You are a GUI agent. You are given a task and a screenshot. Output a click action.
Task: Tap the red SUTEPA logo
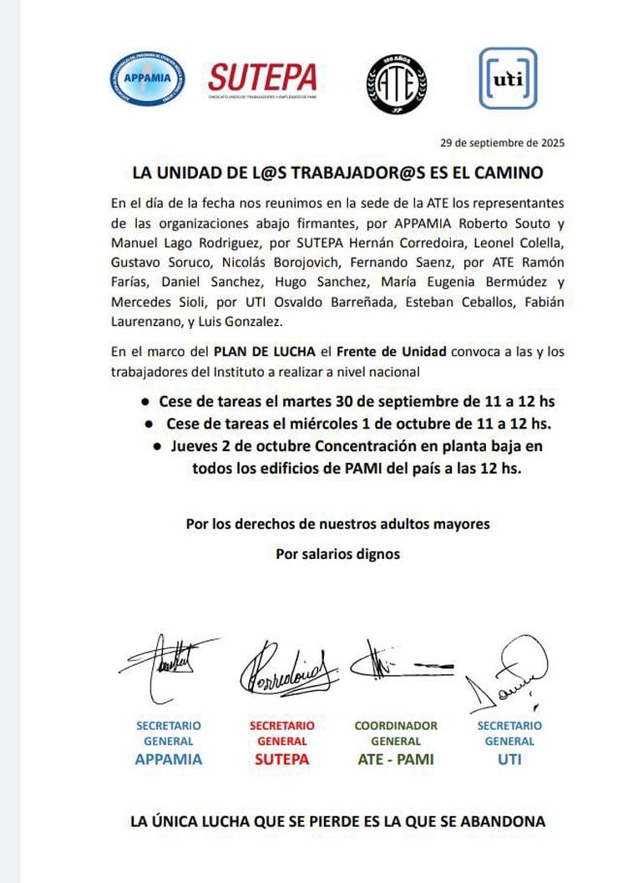(262, 79)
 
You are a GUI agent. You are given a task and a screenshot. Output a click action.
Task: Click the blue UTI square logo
(507, 79)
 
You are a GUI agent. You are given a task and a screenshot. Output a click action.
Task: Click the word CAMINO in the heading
(512, 173)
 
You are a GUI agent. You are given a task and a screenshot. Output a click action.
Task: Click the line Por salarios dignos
(337, 554)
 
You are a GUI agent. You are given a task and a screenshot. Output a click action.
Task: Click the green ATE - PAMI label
(395, 759)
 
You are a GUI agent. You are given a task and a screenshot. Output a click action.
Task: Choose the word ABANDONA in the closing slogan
(504, 821)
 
